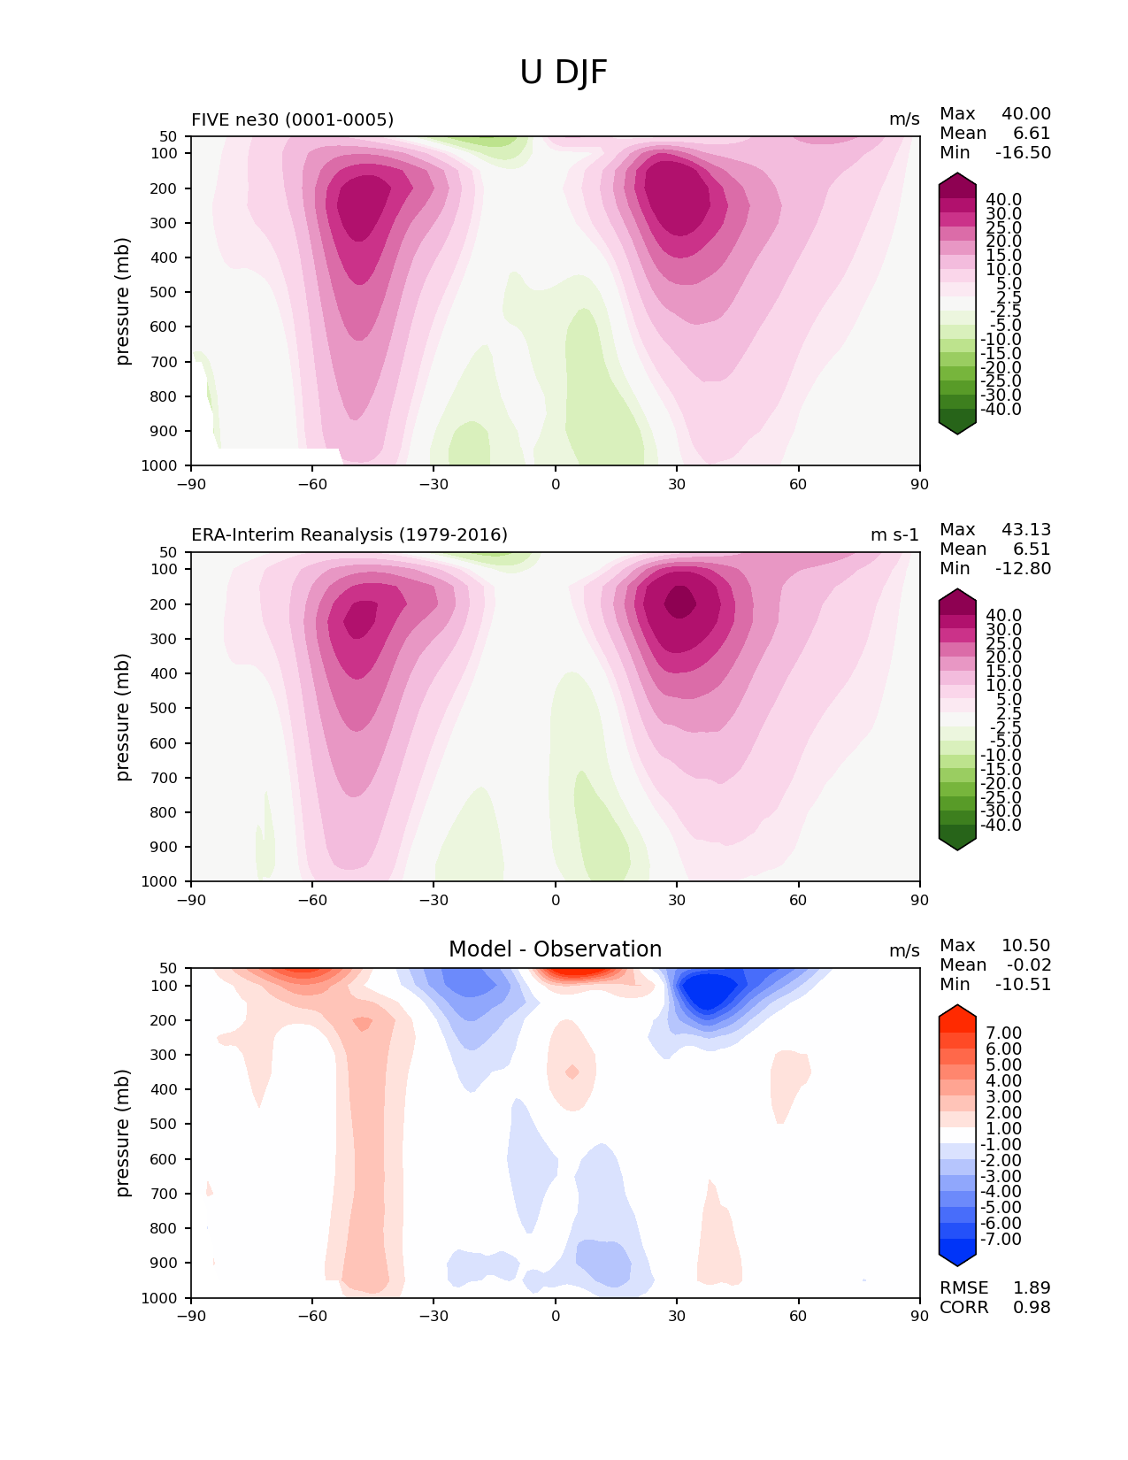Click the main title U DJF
pyautogui.click(x=564, y=73)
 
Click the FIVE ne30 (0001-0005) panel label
pyautogui.click(x=292, y=119)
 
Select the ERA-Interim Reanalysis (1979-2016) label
pyautogui.click(x=349, y=535)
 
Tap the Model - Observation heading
pyautogui.click(x=555, y=949)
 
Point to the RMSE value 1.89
pyautogui.click(x=1032, y=1287)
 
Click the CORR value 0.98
pyautogui.click(x=1032, y=1307)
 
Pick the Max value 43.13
pyautogui.click(x=1026, y=529)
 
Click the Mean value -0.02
pyautogui.click(x=1028, y=964)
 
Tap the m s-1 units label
pyautogui.click(x=894, y=535)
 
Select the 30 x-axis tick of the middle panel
pyautogui.click(x=677, y=900)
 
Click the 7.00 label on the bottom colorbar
pyautogui.click(x=1003, y=1033)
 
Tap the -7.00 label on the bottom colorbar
pyautogui.click(x=1001, y=1239)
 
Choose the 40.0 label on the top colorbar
pyautogui.click(x=1003, y=200)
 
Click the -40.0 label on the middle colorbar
pyautogui.click(x=1001, y=825)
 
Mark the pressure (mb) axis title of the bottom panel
pyautogui.click(x=123, y=1133)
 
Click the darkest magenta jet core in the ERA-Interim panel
pyautogui.click(x=679, y=603)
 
